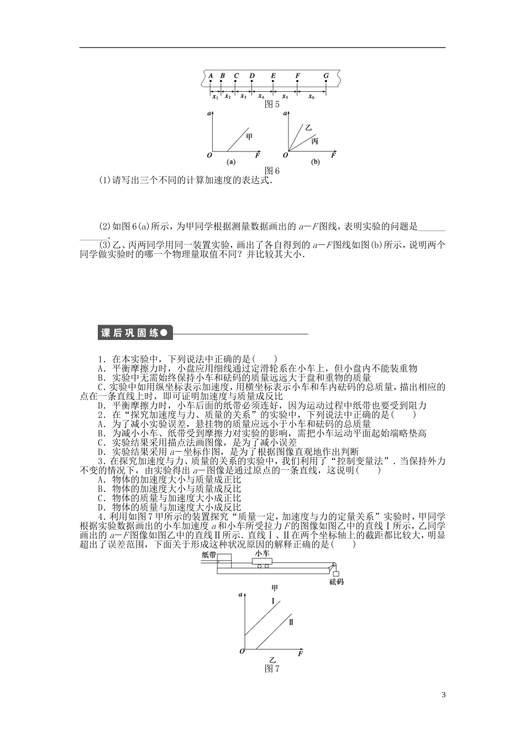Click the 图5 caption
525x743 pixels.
[x=272, y=104]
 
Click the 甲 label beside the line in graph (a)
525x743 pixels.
[x=249, y=135]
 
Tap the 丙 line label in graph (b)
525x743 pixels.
[x=314, y=142]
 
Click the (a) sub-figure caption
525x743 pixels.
[x=231, y=163]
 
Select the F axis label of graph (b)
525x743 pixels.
[x=334, y=156]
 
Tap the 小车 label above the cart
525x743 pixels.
[x=262, y=553]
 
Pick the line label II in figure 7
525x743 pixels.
[x=291, y=621]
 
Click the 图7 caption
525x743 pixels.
[x=272, y=669]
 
